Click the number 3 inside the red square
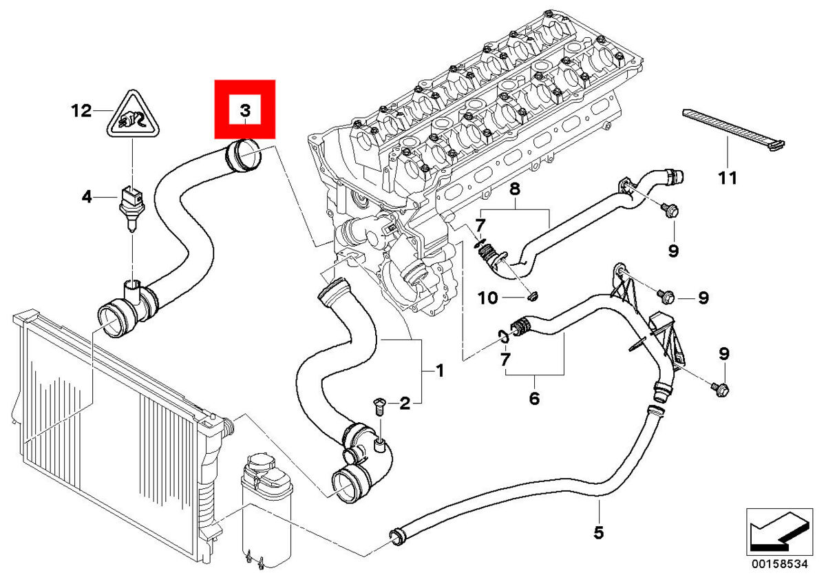245,110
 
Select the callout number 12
81,110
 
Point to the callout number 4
86,198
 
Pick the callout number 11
727,178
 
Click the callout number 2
405,403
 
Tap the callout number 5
599,532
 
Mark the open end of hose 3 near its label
245,155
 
